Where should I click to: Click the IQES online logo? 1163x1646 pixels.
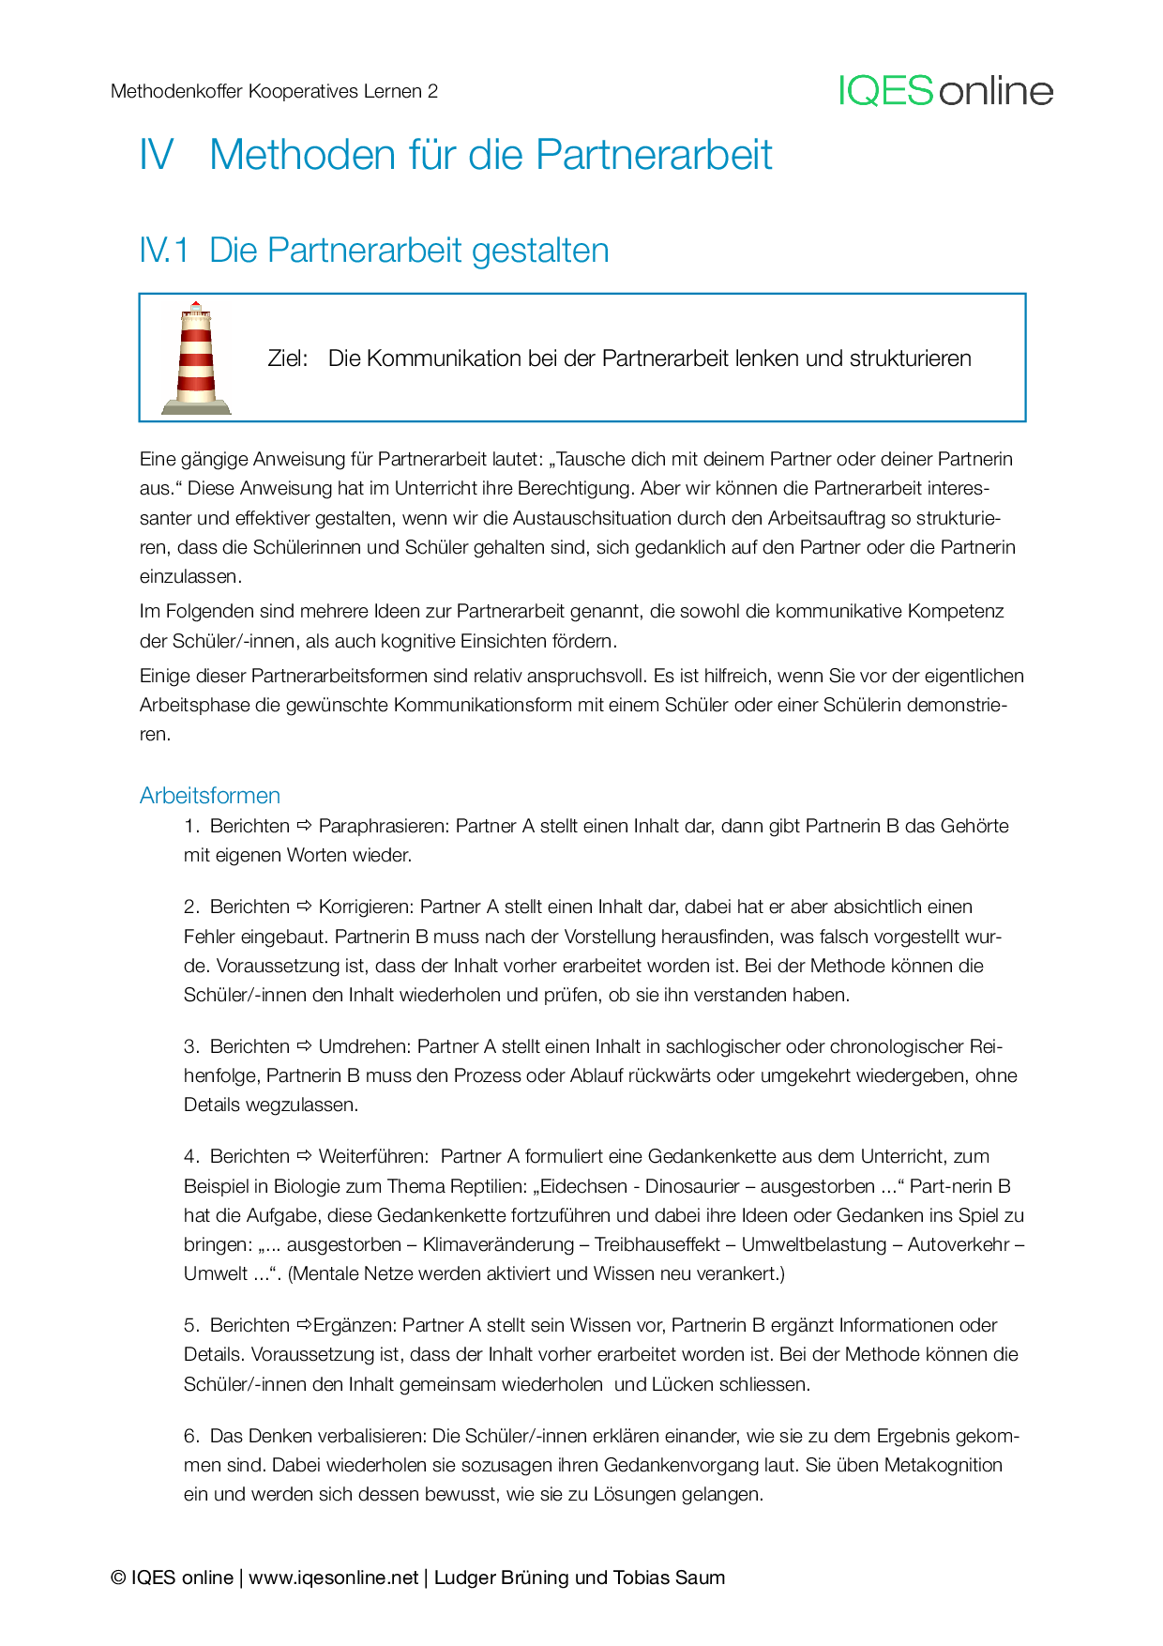(x=945, y=91)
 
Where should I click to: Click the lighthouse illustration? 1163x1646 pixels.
(x=196, y=358)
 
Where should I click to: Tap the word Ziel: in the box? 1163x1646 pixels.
(x=288, y=358)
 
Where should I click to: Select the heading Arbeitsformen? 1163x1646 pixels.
(x=210, y=796)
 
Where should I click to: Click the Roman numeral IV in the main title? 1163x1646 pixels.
(x=157, y=155)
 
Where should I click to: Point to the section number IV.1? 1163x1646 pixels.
(x=164, y=251)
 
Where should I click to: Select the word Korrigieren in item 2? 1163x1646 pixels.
(x=364, y=907)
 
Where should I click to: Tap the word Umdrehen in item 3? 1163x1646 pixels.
(x=362, y=1046)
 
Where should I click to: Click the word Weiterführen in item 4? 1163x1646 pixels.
(x=372, y=1156)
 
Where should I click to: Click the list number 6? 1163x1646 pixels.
(x=190, y=1436)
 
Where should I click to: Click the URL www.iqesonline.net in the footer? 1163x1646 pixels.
(x=333, y=1577)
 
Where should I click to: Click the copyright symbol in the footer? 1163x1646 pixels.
(x=118, y=1577)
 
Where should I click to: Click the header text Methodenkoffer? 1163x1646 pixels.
(x=176, y=91)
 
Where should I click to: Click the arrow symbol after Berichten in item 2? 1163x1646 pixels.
(x=304, y=907)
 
